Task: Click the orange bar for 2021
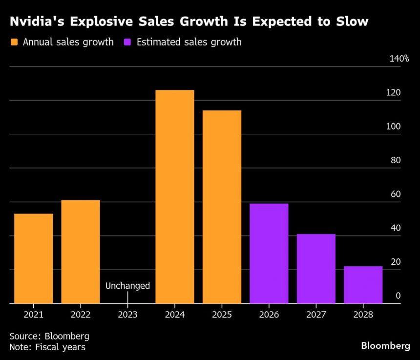coord(33,258)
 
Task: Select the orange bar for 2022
coord(81,252)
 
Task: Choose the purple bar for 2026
coord(269,253)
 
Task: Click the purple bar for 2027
coord(316,269)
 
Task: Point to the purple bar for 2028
coord(363,285)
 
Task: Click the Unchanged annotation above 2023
coord(127,286)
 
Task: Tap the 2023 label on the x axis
coord(127,315)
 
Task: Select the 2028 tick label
coord(363,315)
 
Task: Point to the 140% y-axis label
coord(399,59)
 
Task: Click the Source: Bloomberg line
coord(49,336)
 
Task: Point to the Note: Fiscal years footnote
coord(47,347)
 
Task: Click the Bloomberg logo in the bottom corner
coord(385,346)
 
